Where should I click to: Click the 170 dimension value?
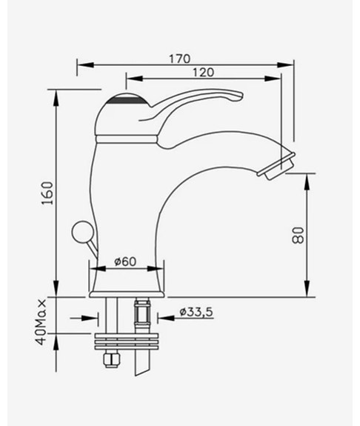click(179, 58)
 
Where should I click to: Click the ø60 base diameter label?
click(127, 261)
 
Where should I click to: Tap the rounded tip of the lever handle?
click(237, 95)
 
